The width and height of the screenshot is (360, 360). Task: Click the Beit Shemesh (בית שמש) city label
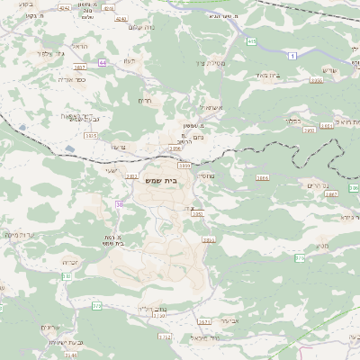point(185,180)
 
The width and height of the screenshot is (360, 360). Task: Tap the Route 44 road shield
point(103,61)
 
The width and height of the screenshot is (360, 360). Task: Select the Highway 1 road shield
point(292,56)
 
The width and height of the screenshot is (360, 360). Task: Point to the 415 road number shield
point(251,41)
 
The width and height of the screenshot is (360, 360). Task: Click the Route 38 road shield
point(119,204)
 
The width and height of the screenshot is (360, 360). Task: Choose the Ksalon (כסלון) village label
point(292,117)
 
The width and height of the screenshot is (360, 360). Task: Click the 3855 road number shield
point(208,239)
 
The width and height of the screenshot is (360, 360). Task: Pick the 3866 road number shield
point(263,178)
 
